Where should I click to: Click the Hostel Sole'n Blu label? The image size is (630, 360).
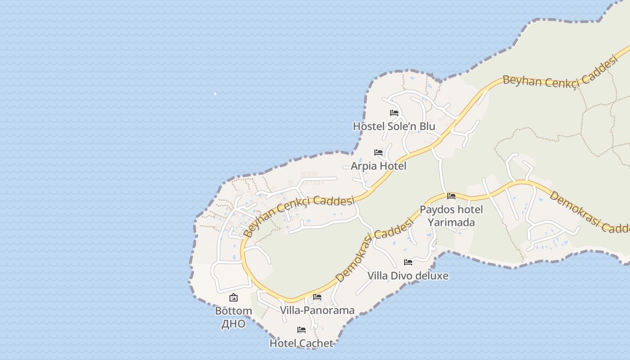click(x=394, y=126)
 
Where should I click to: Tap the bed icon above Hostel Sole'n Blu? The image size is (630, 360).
click(x=394, y=112)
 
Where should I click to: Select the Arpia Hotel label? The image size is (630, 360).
click(x=378, y=166)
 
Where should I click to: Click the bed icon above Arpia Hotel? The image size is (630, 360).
click(x=378, y=153)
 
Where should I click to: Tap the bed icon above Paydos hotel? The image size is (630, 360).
click(x=451, y=196)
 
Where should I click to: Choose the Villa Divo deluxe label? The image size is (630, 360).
click(x=408, y=276)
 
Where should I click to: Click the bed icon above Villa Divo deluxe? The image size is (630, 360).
click(x=408, y=262)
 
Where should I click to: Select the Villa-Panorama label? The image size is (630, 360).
click(x=317, y=310)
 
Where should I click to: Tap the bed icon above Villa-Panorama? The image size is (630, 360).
click(x=317, y=297)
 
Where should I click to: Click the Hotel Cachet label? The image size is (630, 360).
click(x=301, y=343)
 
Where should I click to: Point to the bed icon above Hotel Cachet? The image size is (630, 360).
click(x=301, y=330)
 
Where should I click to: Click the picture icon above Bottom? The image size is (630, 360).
click(x=234, y=297)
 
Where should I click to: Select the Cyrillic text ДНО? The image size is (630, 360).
click(x=234, y=324)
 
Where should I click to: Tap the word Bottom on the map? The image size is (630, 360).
click(x=234, y=311)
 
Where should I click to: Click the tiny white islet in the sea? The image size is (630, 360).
click(x=215, y=94)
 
